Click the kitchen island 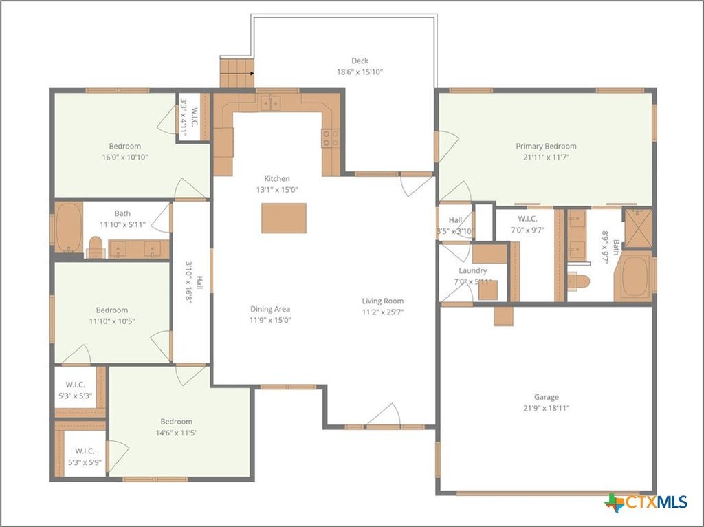283,218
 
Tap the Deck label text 360,61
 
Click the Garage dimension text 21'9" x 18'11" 546,408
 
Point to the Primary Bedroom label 546,146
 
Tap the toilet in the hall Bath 96,246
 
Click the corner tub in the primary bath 636,275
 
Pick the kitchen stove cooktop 330,138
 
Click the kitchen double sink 271,103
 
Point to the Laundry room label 473,271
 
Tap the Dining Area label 270,309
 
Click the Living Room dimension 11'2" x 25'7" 383,312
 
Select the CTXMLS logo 646,502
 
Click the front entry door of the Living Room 383,417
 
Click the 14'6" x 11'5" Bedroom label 177,427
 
